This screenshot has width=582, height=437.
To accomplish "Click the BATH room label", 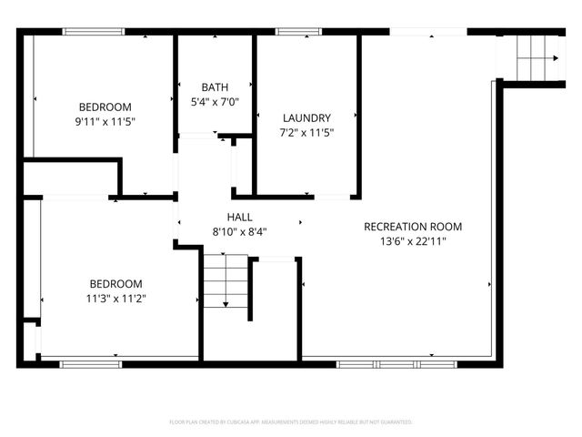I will (216, 87).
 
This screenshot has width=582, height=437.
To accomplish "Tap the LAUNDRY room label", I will (306, 117).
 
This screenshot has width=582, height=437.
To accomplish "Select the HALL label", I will (239, 217).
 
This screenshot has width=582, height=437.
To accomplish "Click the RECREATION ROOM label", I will (413, 227).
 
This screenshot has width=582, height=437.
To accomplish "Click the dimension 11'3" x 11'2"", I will (115, 298).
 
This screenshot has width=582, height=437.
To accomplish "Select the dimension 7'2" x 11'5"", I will (306, 132).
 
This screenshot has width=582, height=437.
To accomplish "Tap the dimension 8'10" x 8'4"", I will (239, 231).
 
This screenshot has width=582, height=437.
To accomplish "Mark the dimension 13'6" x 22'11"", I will (413, 241).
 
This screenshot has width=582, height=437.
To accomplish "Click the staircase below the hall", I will (224, 282).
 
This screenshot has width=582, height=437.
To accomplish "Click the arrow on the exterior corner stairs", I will (554, 58).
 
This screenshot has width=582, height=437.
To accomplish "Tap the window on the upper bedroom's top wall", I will (94, 32).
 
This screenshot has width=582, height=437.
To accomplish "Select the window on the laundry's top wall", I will (292, 32).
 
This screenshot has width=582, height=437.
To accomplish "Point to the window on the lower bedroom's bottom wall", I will (91, 364).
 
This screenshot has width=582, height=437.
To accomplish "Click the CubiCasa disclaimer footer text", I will (291, 422).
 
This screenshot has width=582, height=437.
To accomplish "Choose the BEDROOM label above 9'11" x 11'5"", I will (105, 106).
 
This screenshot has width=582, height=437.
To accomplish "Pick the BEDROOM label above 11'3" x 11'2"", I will (115, 283).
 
